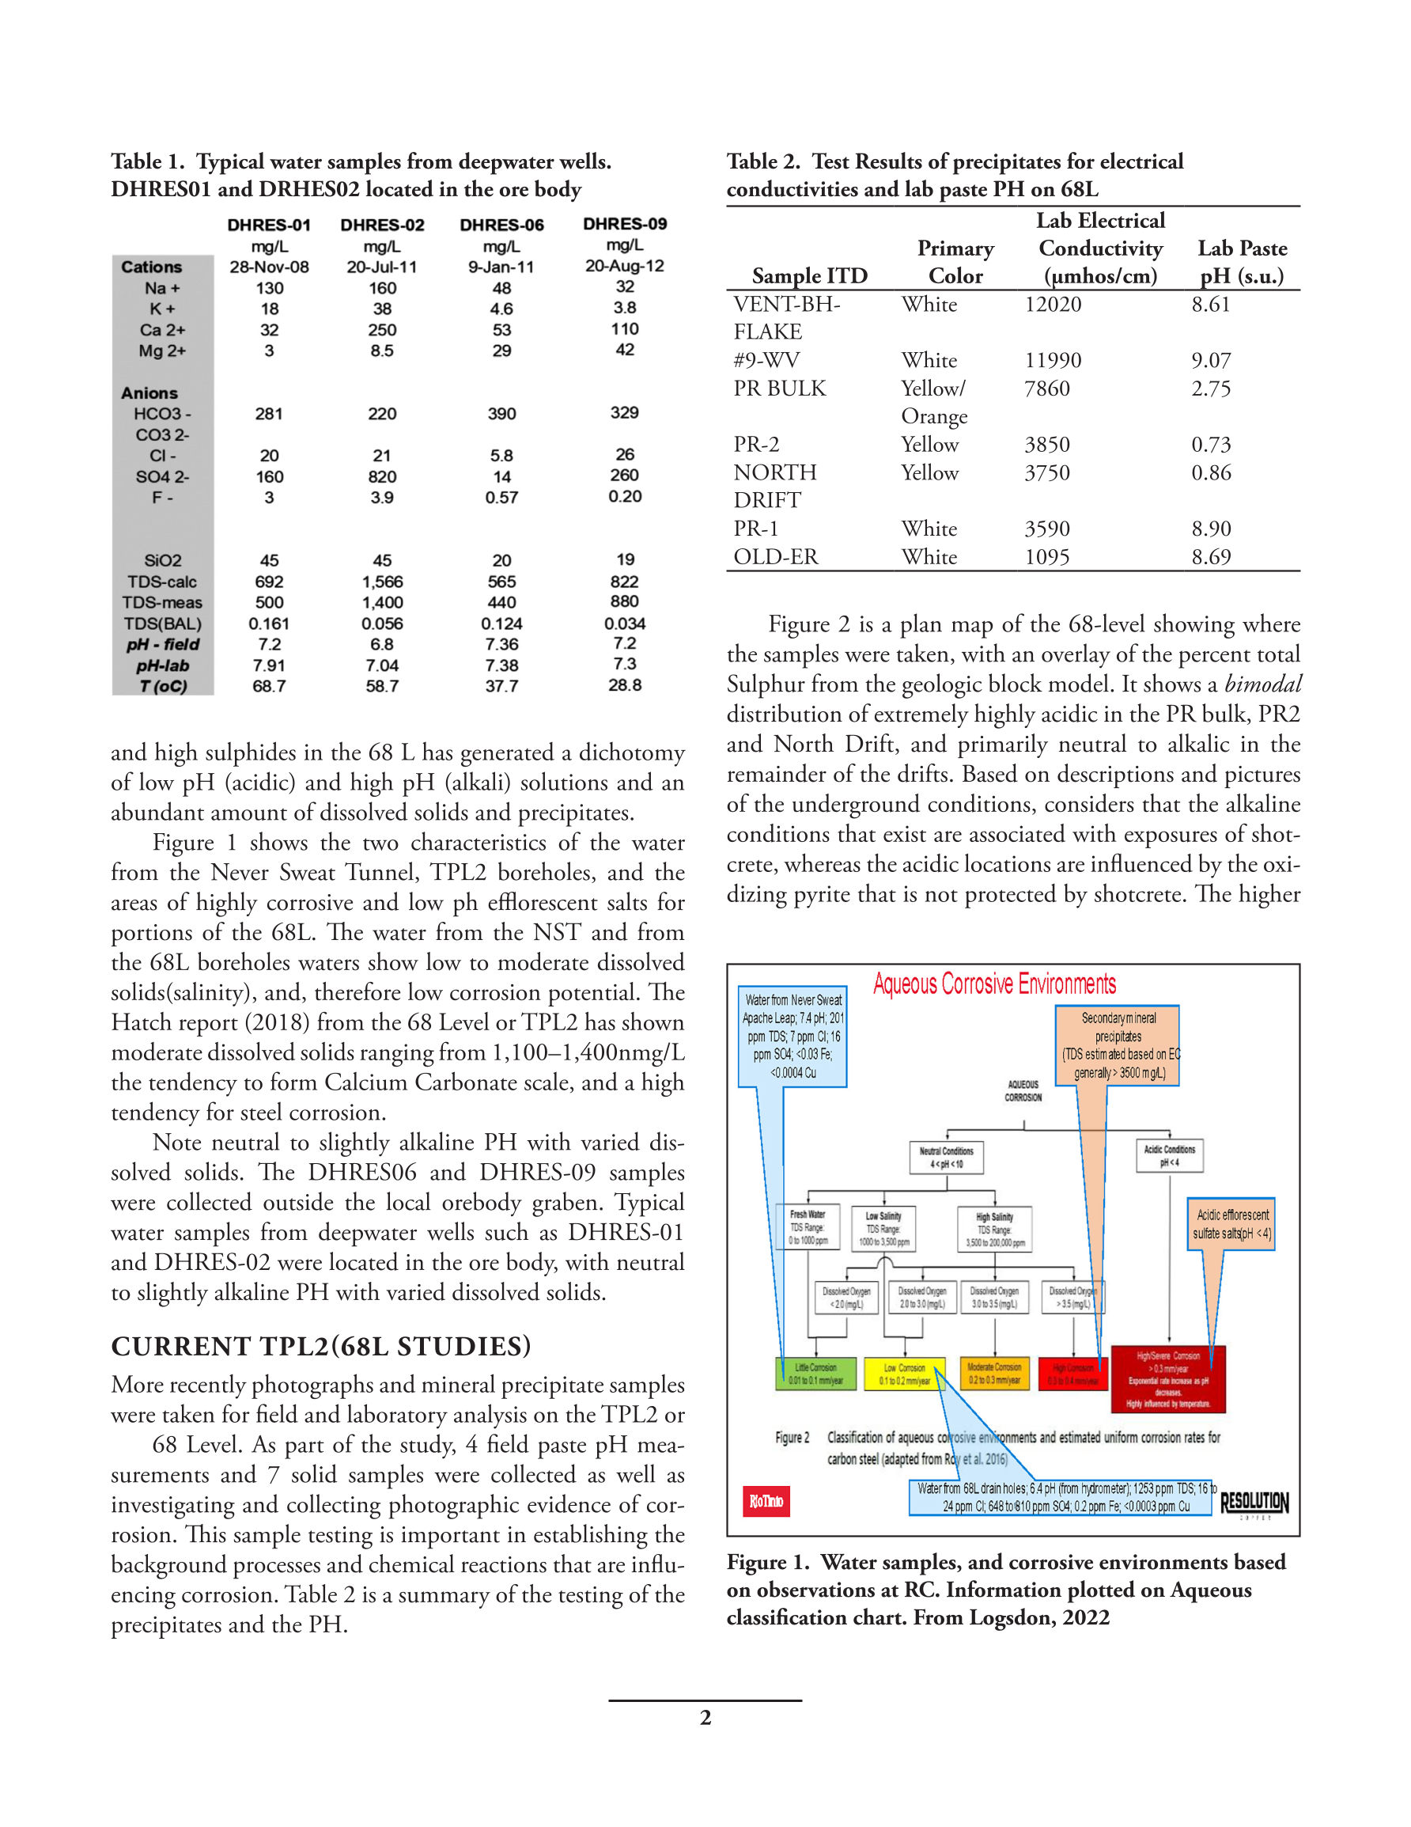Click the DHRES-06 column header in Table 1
pos(501,225)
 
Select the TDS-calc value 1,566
pos(382,582)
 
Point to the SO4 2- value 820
pos(382,477)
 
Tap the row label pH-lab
pos(162,666)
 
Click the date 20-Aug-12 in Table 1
pos(624,266)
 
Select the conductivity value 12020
pos(1052,305)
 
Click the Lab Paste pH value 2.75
pos(1210,389)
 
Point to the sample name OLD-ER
pos(775,557)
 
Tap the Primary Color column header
pos(955,262)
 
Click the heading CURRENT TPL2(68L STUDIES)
pos(321,1346)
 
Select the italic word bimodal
pos(1262,684)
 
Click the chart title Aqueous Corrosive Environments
pos(994,984)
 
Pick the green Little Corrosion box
pos(815,1374)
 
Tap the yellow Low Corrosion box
pos(903,1374)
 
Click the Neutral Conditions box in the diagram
pos(946,1157)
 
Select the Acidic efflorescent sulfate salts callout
pos(1231,1224)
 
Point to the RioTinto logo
pos(766,1501)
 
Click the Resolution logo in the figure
pos(1254,1503)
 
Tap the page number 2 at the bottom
pos(705,1718)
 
